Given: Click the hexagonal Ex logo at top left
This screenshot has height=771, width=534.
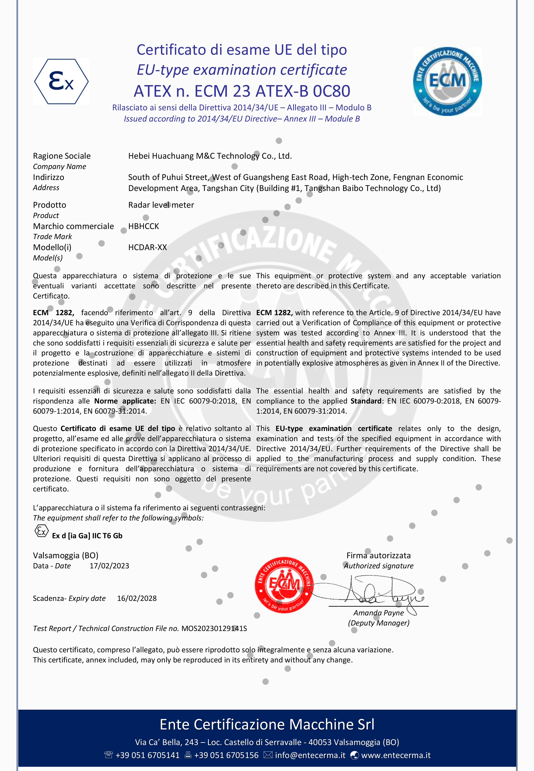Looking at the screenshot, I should [x=61, y=81].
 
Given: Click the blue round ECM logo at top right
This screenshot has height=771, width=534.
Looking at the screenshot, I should [x=447, y=81].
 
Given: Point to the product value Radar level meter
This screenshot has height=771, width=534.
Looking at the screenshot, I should [x=161, y=205].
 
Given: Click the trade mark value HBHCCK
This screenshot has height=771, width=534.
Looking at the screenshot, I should [x=144, y=226].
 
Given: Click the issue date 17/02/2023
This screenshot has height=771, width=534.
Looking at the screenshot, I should [x=109, y=566].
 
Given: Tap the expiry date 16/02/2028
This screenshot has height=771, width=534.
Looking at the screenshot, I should [x=137, y=598].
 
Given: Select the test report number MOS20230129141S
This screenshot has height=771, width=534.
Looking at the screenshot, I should [x=214, y=628].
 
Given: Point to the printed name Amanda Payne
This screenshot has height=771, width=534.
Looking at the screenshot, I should [x=378, y=613].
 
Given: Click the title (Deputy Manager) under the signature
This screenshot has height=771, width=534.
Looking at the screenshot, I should [x=378, y=623].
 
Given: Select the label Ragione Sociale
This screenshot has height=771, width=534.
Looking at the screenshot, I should [x=61, y=156].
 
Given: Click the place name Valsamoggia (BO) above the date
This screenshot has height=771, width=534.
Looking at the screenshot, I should [x=66, y=555].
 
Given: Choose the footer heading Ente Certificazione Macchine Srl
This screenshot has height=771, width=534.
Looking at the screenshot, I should [x=267, y=724].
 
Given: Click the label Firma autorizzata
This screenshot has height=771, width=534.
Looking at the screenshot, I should [x=378, y=555].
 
